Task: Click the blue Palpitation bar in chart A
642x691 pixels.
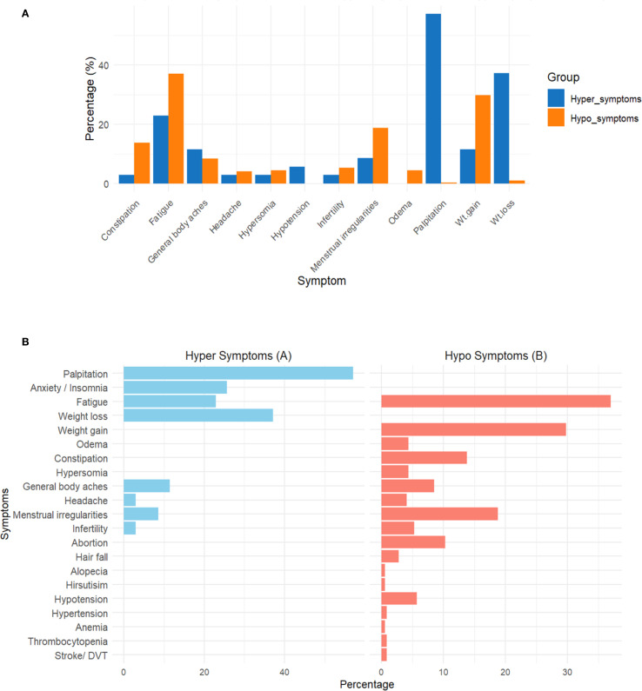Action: point(433,99)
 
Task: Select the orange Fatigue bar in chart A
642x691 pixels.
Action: point(176,129)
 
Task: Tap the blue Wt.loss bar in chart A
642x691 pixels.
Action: point(501,129)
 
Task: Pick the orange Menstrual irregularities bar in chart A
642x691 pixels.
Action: point(380,156)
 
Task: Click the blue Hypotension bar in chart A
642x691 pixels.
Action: point(297,175)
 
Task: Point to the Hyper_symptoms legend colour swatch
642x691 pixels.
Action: point(556,98)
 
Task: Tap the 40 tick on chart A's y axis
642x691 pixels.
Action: point(104,65)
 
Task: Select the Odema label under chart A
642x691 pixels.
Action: point(400,211)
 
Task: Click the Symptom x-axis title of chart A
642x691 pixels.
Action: point(322,281)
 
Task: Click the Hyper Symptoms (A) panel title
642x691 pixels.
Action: point(238,355)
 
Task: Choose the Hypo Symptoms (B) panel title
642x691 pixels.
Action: point(496,355)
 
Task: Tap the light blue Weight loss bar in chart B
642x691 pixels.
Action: point(198,415)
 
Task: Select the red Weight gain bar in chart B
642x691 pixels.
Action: point(473,429)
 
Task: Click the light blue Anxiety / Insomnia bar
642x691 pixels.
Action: point(175,388)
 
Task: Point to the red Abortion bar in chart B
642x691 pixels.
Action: point(413,542)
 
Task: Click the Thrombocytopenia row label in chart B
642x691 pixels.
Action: point(68,641)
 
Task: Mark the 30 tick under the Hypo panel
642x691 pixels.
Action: point(567,672)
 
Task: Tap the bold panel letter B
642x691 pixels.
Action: point(25,342)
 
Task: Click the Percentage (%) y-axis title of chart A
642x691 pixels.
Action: point(90,99)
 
